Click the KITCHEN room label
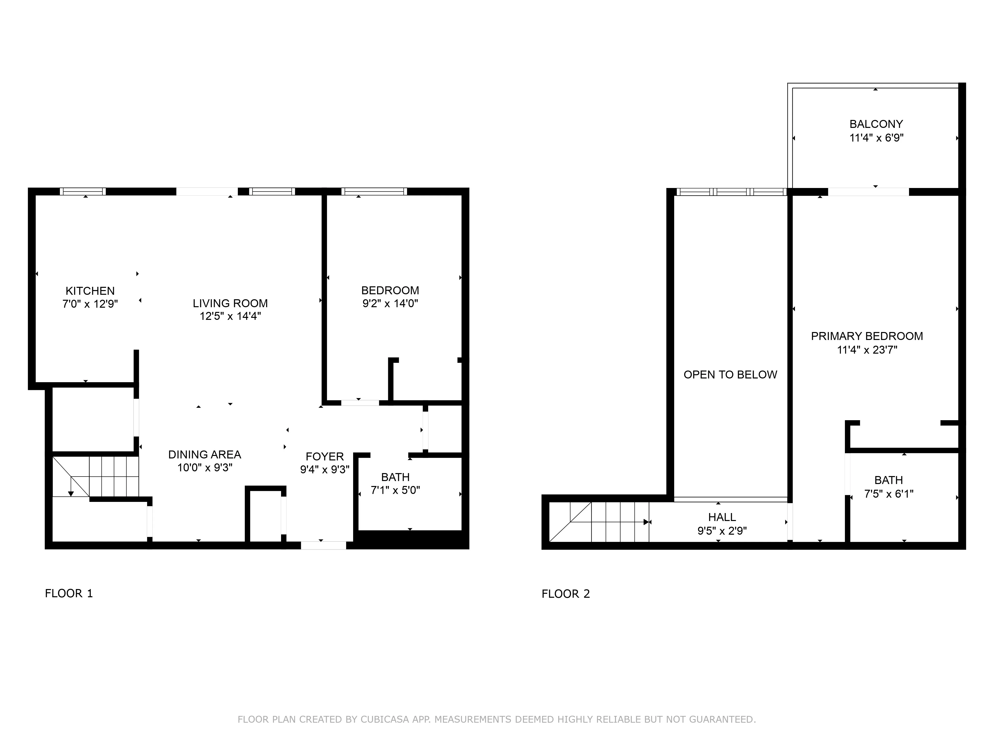tap(90, 291)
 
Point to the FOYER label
tap(325, 457)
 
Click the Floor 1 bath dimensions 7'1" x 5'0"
tap(395, 490)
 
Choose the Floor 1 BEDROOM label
tap(390, 291)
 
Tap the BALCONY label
tap(876, 124)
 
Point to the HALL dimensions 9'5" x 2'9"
tap(722, 531)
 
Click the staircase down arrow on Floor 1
tap(71, 493)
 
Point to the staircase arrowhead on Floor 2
tap(647, 522)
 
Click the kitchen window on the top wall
tap(83, 191)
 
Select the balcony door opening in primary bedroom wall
tap(868, 192)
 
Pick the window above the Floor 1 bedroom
tap(374, 191)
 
